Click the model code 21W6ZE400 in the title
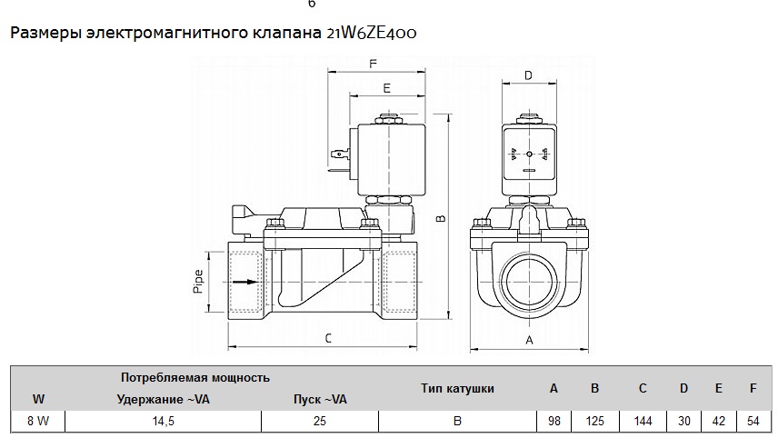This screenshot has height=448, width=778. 372,33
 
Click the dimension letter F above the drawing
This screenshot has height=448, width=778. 373,64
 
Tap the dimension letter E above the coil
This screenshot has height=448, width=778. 387,88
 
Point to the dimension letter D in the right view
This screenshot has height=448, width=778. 528,75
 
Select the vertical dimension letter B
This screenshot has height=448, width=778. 441,217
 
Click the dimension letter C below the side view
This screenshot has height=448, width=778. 328,338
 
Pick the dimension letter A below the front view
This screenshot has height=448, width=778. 529,341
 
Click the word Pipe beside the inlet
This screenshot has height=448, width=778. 198,282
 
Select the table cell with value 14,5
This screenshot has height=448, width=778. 164,422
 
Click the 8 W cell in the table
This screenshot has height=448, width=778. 38,422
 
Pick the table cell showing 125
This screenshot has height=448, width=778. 595,422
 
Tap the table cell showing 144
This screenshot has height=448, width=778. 643,422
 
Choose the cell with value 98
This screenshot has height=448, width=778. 554,422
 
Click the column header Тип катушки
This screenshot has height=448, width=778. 457,388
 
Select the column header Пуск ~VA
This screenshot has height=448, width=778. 320,399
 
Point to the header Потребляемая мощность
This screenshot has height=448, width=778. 195,377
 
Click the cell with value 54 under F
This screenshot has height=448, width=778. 753,422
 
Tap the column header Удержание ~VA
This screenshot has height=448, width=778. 164,399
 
